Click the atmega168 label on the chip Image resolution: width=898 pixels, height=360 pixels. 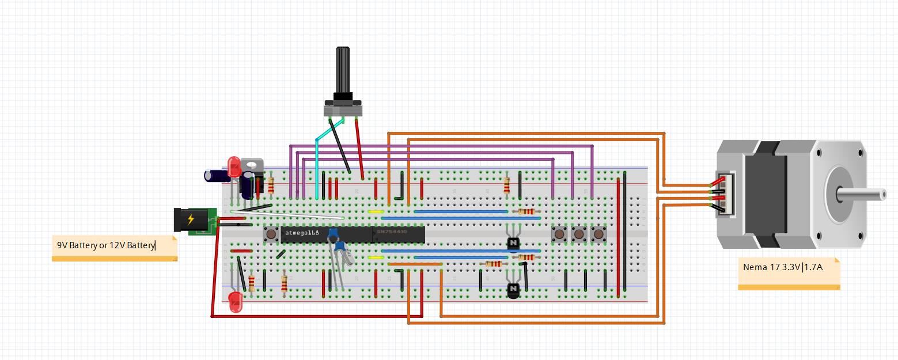[302, 233]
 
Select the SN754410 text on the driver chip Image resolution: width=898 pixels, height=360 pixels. [392, 232]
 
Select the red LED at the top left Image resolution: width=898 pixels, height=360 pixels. [234, 167]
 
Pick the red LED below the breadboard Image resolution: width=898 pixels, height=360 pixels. [235, 302]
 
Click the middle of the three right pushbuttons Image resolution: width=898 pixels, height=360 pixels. [578, 234]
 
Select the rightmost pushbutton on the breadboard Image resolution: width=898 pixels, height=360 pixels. [598, 234]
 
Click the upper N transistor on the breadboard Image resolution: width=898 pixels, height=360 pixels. [513, 243]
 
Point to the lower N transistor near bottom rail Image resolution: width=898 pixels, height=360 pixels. [513, 290]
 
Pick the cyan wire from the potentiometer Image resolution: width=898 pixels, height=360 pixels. [317, 167]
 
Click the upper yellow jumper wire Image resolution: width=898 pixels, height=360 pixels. [376, 211]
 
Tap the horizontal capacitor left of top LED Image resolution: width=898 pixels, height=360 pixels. [214, 175]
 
